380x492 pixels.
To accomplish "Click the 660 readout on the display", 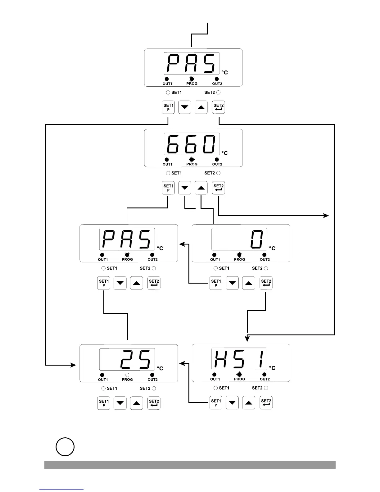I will [x=191, y=144].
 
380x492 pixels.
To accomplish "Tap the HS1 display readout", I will [x=239, y=359].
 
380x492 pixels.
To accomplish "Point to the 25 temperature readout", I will [x=137, y=359].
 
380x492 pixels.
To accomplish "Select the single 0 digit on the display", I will [x=257, y=239].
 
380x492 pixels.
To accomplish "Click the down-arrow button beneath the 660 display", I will [x=185, y=188].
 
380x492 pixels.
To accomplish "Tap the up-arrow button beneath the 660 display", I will [x=201, y=188].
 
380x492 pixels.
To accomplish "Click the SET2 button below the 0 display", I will [x=266, y=283].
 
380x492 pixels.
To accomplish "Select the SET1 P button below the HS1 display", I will [x=216, y=403].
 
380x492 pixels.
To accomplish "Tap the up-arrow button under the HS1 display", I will [x=249, y=403].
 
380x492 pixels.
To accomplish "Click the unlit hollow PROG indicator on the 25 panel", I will [x=127, y=375].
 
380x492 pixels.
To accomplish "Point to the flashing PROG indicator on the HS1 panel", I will [x=239, y=375].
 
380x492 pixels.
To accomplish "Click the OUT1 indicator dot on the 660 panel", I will [x=167, y=160].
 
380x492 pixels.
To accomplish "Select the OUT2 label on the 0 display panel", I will [x=265, y=259].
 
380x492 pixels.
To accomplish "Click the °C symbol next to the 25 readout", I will [x=160, y=368].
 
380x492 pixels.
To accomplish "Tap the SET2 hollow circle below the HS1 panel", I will [x=266, y=388].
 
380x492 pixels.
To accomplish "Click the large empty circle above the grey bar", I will [x=65, y=447].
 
